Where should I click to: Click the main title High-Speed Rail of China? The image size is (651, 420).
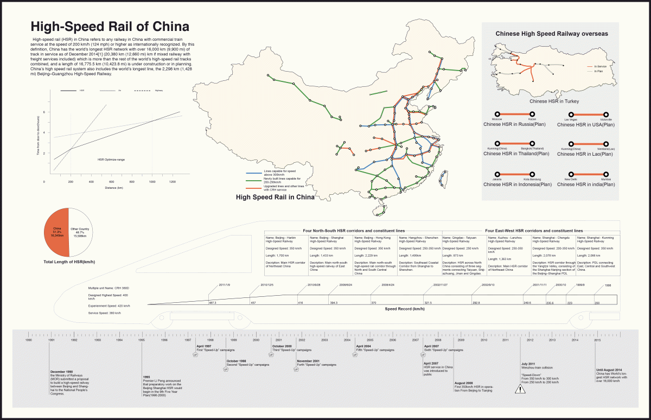click(110, 27)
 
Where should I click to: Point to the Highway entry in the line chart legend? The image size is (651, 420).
click(159, 90)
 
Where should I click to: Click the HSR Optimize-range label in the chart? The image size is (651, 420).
click(111, 160)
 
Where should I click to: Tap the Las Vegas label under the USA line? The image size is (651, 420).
click(571, 119)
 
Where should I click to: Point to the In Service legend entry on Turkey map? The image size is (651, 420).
click(600, 66)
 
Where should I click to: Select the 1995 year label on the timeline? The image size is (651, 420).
click(142, 340)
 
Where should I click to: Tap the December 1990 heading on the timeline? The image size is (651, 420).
click(61, 372)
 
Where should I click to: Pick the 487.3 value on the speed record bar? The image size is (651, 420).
click(213, 303)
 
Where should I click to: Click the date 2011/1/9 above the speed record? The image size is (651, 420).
click(224, 285)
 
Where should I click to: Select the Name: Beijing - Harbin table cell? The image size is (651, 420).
click(285, 237)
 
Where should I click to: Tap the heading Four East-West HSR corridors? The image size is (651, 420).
click(534, 231)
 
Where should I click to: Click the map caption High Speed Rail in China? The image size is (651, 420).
click(275, 198)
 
